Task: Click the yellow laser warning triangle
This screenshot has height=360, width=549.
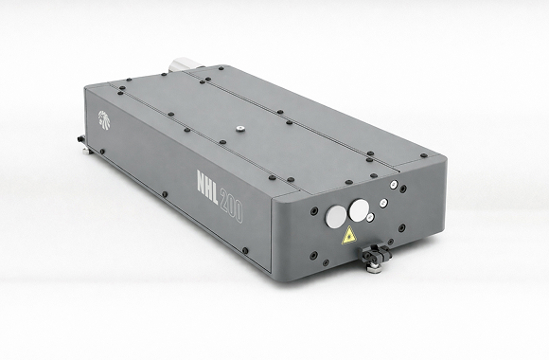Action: coord(348,236)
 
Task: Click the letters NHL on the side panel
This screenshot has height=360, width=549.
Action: coord(207,188)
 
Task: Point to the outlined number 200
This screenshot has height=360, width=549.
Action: coord(231,207)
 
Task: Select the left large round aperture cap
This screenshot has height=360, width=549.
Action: coord(336,217)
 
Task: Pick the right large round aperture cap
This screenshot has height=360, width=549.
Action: coord(359,210)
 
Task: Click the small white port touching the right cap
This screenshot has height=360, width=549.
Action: coord(370,218)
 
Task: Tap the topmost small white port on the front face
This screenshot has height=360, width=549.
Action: coord(394,184)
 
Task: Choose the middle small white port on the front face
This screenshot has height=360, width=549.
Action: coord(383,203)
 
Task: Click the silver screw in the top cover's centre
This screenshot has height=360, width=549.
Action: coord(239,129)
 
